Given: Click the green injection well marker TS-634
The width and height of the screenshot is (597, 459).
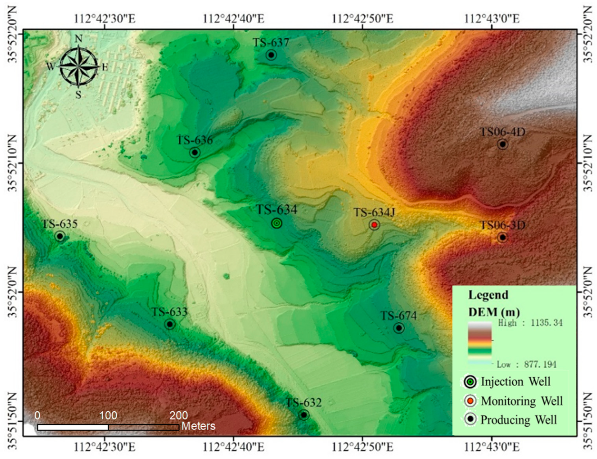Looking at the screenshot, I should point(277,223).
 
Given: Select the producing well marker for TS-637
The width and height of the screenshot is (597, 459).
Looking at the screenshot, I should point(271,55).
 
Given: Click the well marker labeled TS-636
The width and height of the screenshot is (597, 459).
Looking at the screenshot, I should point(195,152).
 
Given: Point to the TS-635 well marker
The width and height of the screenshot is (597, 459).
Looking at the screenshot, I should point(60,236).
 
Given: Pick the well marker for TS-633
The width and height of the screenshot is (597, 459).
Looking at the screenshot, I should point(170,324).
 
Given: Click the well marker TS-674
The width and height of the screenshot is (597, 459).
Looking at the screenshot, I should point(399,328).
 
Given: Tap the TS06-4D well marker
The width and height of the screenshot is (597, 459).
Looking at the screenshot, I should point(502,144).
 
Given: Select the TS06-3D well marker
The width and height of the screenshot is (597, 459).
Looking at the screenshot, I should point(502,237).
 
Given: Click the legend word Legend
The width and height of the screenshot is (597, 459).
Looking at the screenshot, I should point(488,295).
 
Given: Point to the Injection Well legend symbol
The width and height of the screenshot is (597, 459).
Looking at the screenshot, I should point(470,382).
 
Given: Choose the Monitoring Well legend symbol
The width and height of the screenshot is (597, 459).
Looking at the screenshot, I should point(470,401).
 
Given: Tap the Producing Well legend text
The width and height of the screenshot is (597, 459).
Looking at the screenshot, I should point(518,420).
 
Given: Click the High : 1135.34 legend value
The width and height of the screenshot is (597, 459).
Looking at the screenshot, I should point(530,323).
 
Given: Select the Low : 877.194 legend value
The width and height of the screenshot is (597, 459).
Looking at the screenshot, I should point(526,364).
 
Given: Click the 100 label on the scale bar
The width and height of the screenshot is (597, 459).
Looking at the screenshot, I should point(108,416).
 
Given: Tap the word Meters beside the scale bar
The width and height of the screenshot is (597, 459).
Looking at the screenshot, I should point(198,426).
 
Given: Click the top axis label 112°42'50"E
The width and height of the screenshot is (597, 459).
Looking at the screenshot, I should point(363,19).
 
